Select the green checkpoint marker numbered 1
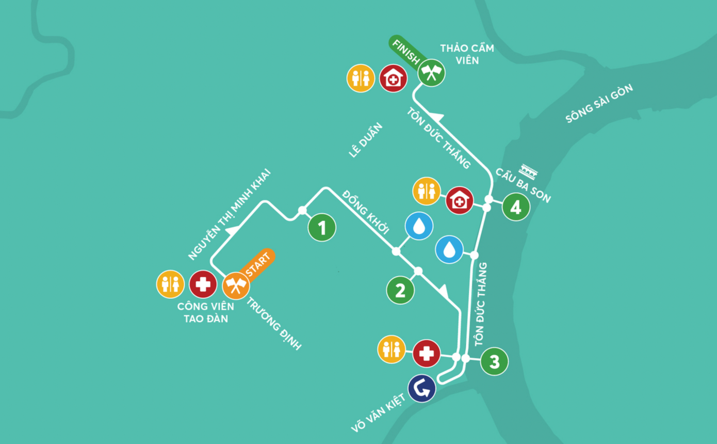click(322, 227)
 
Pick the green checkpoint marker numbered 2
click(400, 290)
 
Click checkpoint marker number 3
click(494, 361)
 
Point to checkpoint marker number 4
click(516, 207)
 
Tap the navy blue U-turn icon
click(422, 388)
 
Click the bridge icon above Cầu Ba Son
click(529, 168)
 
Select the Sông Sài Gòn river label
click(599, 104)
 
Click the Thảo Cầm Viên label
click(460, 54)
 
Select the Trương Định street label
click(273, 324)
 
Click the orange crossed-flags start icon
click(236, 285)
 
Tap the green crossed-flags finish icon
click(431, 72)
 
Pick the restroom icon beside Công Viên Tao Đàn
click(170, 284)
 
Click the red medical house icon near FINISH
click(393, 78)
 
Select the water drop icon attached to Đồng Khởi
click(419, 226)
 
